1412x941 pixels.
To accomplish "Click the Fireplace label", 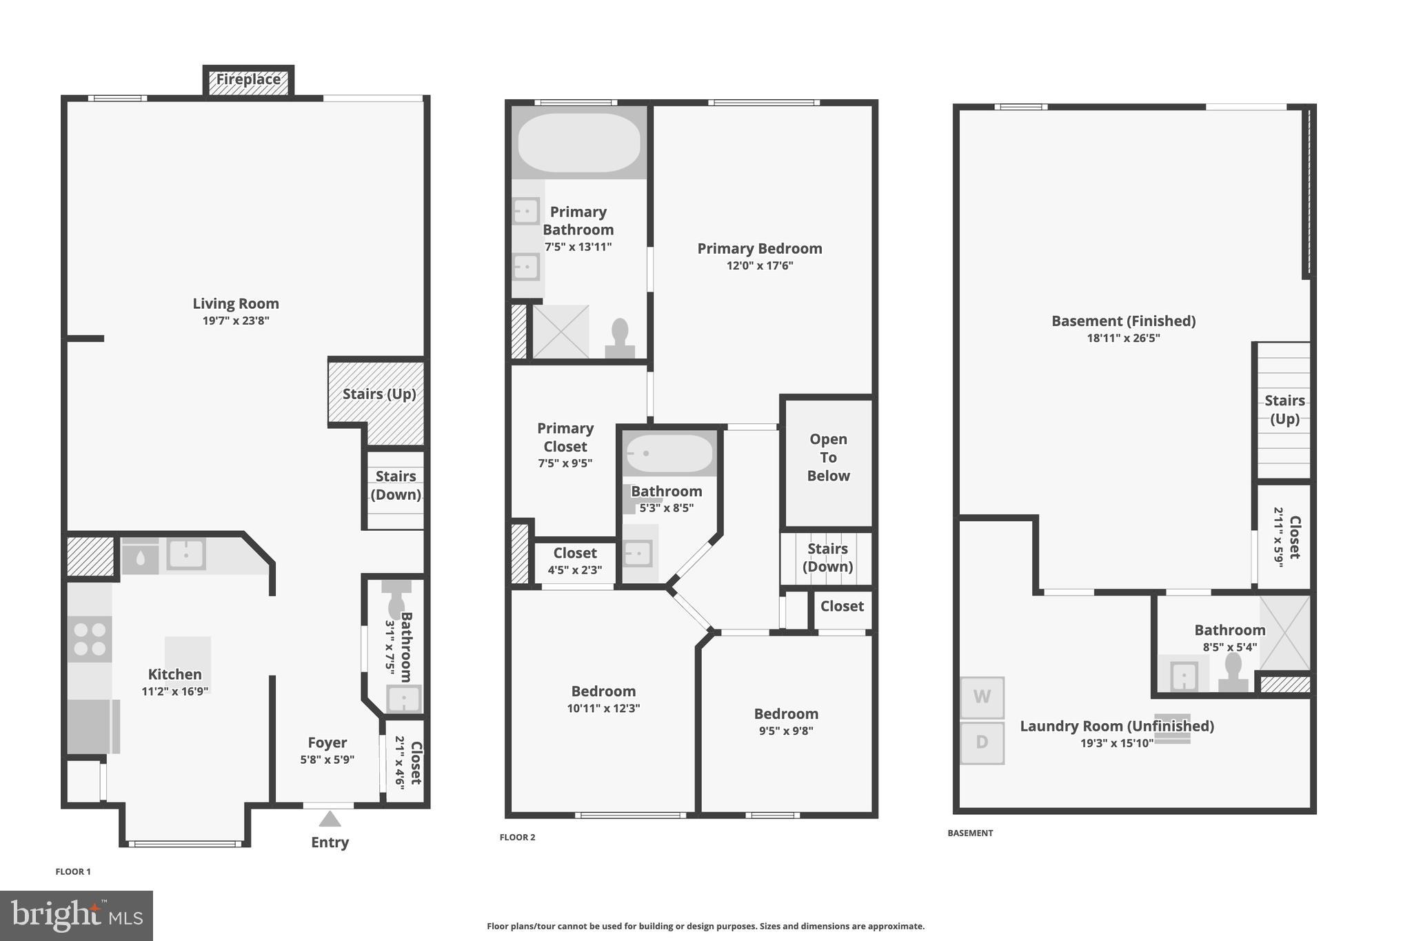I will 248,79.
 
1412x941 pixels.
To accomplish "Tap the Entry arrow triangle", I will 330,819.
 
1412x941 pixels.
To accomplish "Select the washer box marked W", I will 982,697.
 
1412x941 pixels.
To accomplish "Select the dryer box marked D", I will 982,742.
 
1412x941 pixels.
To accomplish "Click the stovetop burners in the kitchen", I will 90,639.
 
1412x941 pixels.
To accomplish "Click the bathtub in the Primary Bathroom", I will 579,143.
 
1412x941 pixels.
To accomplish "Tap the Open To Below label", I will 828,458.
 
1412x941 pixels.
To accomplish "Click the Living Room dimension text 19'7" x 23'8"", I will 236,321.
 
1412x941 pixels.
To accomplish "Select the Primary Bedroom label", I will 759,248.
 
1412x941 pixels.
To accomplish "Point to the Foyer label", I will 327,742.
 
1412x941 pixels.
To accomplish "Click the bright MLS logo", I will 76,915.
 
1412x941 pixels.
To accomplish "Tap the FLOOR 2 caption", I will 517,837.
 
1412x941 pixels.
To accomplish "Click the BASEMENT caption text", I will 970,833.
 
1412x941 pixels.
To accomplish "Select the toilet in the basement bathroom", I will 1233,672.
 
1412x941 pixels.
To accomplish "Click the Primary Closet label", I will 565,437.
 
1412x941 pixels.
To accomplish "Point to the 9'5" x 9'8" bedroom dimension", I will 786,731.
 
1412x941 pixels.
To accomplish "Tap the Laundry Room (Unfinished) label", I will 1116,726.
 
